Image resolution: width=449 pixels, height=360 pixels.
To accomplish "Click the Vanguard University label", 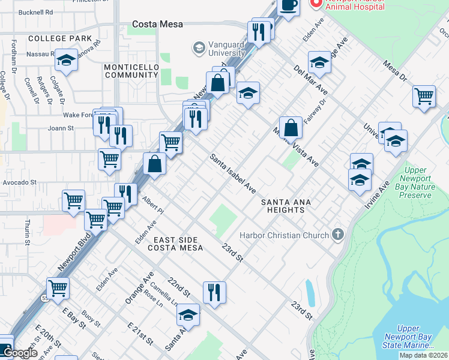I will coord(219,49).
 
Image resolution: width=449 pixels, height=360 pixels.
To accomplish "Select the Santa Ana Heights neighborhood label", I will coord(286,206).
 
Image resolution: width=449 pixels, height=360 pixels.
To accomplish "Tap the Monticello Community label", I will coord(131,70).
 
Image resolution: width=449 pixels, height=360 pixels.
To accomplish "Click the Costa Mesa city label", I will coord(157,25).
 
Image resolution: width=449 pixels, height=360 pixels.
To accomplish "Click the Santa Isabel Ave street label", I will coord(233,173).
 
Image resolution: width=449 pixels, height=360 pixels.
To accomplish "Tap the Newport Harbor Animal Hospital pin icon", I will coord(315,4).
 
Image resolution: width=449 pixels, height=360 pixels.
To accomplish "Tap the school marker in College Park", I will coord(66,60).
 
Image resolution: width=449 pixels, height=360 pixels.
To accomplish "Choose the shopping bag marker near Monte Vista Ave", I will coord(291,127).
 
